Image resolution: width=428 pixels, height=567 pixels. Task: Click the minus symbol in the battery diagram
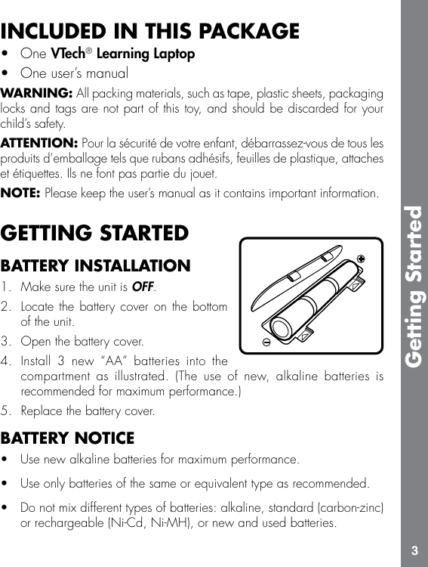267,341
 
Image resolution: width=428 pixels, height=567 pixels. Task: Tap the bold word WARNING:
37,93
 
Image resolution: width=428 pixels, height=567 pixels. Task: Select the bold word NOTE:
21,193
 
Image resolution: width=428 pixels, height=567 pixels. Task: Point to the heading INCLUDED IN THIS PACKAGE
150,32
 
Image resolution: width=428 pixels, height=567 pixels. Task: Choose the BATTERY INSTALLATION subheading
96,265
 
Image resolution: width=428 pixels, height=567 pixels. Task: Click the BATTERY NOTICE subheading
68,438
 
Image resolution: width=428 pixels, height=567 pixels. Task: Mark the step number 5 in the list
6,411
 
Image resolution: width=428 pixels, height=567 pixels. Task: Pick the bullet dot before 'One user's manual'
6,73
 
